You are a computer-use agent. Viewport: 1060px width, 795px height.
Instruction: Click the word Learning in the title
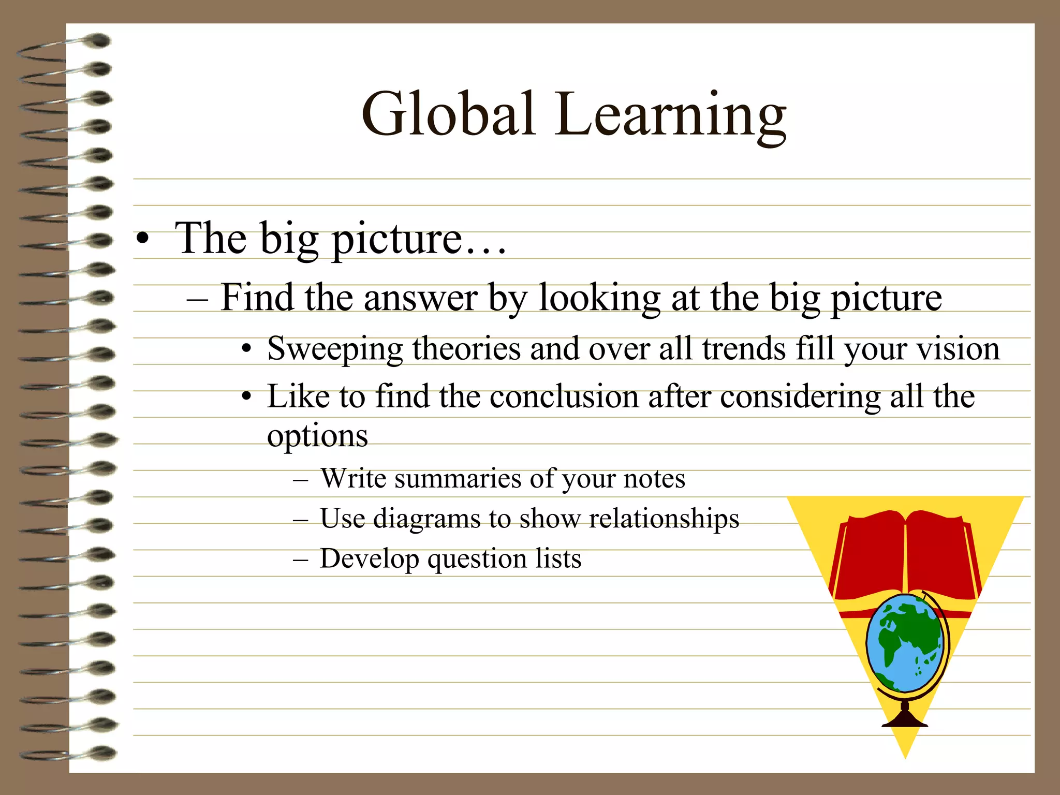coord(671,116)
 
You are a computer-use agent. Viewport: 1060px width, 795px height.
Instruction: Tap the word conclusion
coord(564,397)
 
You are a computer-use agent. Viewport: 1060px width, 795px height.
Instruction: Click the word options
coord(317,436)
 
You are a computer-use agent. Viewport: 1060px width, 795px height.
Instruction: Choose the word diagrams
coord(426,519)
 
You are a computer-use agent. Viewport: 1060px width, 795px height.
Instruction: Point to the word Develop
coord(369,559)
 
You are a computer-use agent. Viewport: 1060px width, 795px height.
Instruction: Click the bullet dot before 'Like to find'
coord(247,397)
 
